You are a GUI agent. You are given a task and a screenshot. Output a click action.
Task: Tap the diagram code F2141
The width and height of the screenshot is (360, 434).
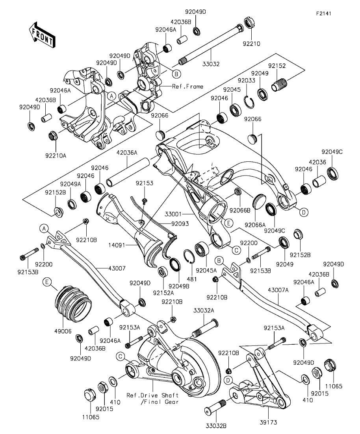323,13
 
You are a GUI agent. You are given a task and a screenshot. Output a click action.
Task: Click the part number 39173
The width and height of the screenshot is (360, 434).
268,423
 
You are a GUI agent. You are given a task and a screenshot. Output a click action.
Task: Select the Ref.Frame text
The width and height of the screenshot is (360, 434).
188,86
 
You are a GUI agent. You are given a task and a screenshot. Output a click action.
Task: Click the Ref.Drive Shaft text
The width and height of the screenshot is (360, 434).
152,395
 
